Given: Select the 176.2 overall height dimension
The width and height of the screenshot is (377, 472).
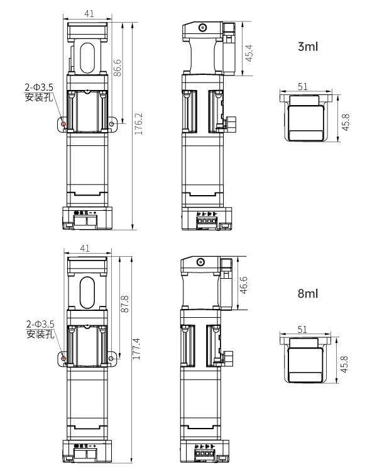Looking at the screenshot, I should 139,124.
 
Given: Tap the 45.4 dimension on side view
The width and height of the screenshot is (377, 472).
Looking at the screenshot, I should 248,52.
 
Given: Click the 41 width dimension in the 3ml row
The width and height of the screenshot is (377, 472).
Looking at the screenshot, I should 89,12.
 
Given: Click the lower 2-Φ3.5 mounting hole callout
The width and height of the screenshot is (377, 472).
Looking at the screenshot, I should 40,329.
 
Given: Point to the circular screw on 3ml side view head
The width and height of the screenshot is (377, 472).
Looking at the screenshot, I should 202,28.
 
